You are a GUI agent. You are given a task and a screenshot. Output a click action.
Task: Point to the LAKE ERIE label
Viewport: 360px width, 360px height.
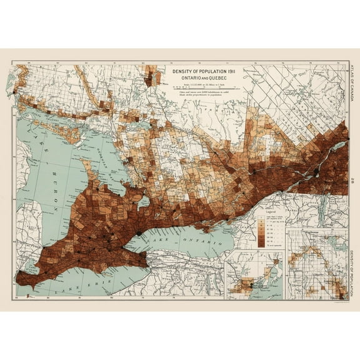click(69, 289)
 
